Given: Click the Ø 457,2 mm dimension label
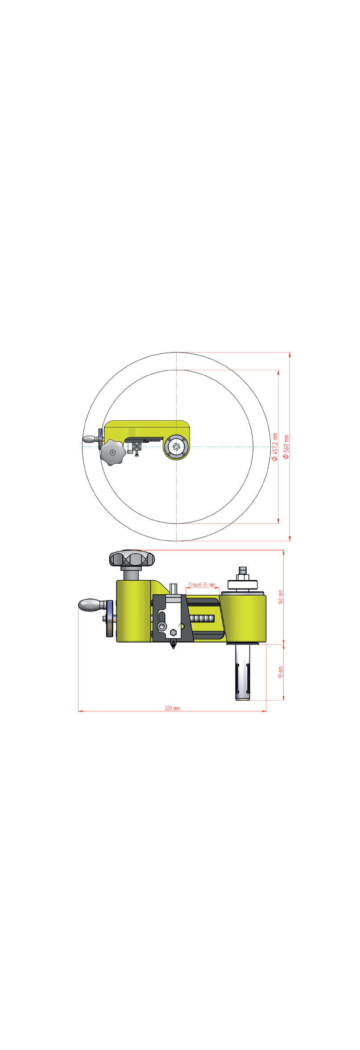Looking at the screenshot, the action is pos(275,447).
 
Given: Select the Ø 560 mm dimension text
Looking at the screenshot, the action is pos(286,447).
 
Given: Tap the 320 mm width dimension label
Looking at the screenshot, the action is pos(172,708).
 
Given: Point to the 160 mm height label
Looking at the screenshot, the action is pos(281,597).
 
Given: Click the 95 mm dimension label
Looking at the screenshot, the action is pos(281,672).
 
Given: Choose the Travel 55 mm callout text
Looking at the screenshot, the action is pos(202,585).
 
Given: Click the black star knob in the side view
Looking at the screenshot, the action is pos(132,559).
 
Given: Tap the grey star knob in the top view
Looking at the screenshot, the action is pos(112,452).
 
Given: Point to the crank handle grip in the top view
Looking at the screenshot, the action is pos(90,440).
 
